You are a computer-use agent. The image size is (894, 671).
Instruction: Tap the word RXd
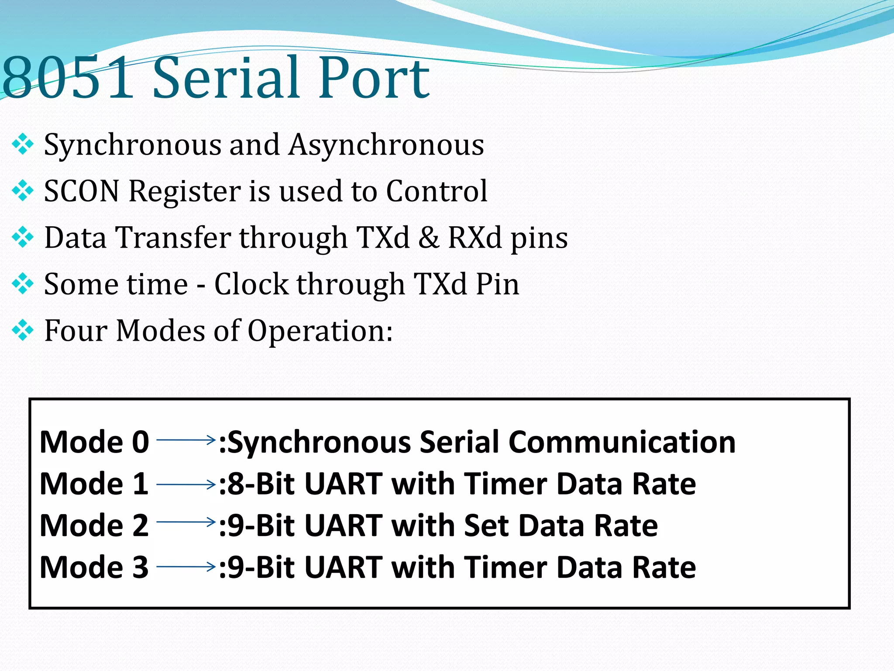[x=475, y=238]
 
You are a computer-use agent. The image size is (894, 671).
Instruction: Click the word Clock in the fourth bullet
[x=251, y=284]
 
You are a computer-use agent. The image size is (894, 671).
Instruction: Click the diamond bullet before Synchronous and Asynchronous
[x=23, y=145]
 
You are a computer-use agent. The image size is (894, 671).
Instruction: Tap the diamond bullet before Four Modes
[x=23, y=331]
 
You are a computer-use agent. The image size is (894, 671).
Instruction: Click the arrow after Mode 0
[x=186, y=439]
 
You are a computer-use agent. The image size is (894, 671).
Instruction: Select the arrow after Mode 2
[x=186, y=522]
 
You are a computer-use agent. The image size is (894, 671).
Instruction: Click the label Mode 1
[x=94, y=484]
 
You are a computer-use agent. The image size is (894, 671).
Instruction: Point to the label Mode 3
[x=94, y=567]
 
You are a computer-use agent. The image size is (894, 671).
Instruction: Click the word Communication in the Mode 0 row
[x=622, y=442]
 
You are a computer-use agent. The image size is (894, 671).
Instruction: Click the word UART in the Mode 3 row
[x=343, y=567]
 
